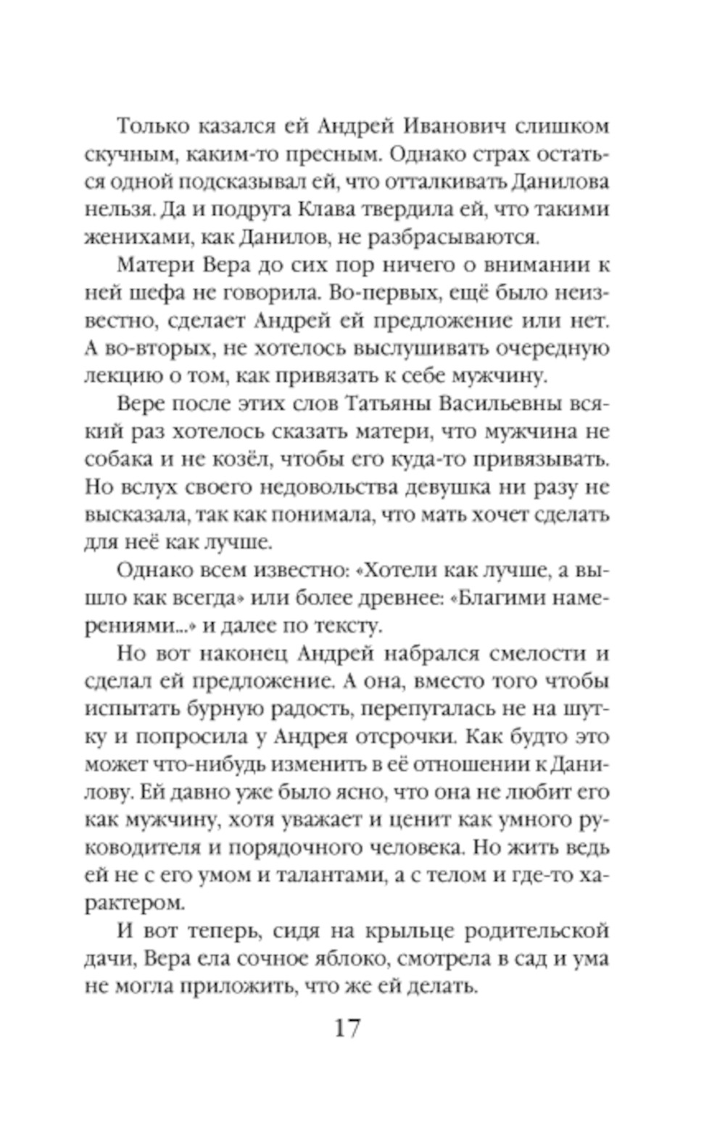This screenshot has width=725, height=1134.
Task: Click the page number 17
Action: coord(347,1027)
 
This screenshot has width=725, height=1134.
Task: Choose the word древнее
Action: coord(384,597)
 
